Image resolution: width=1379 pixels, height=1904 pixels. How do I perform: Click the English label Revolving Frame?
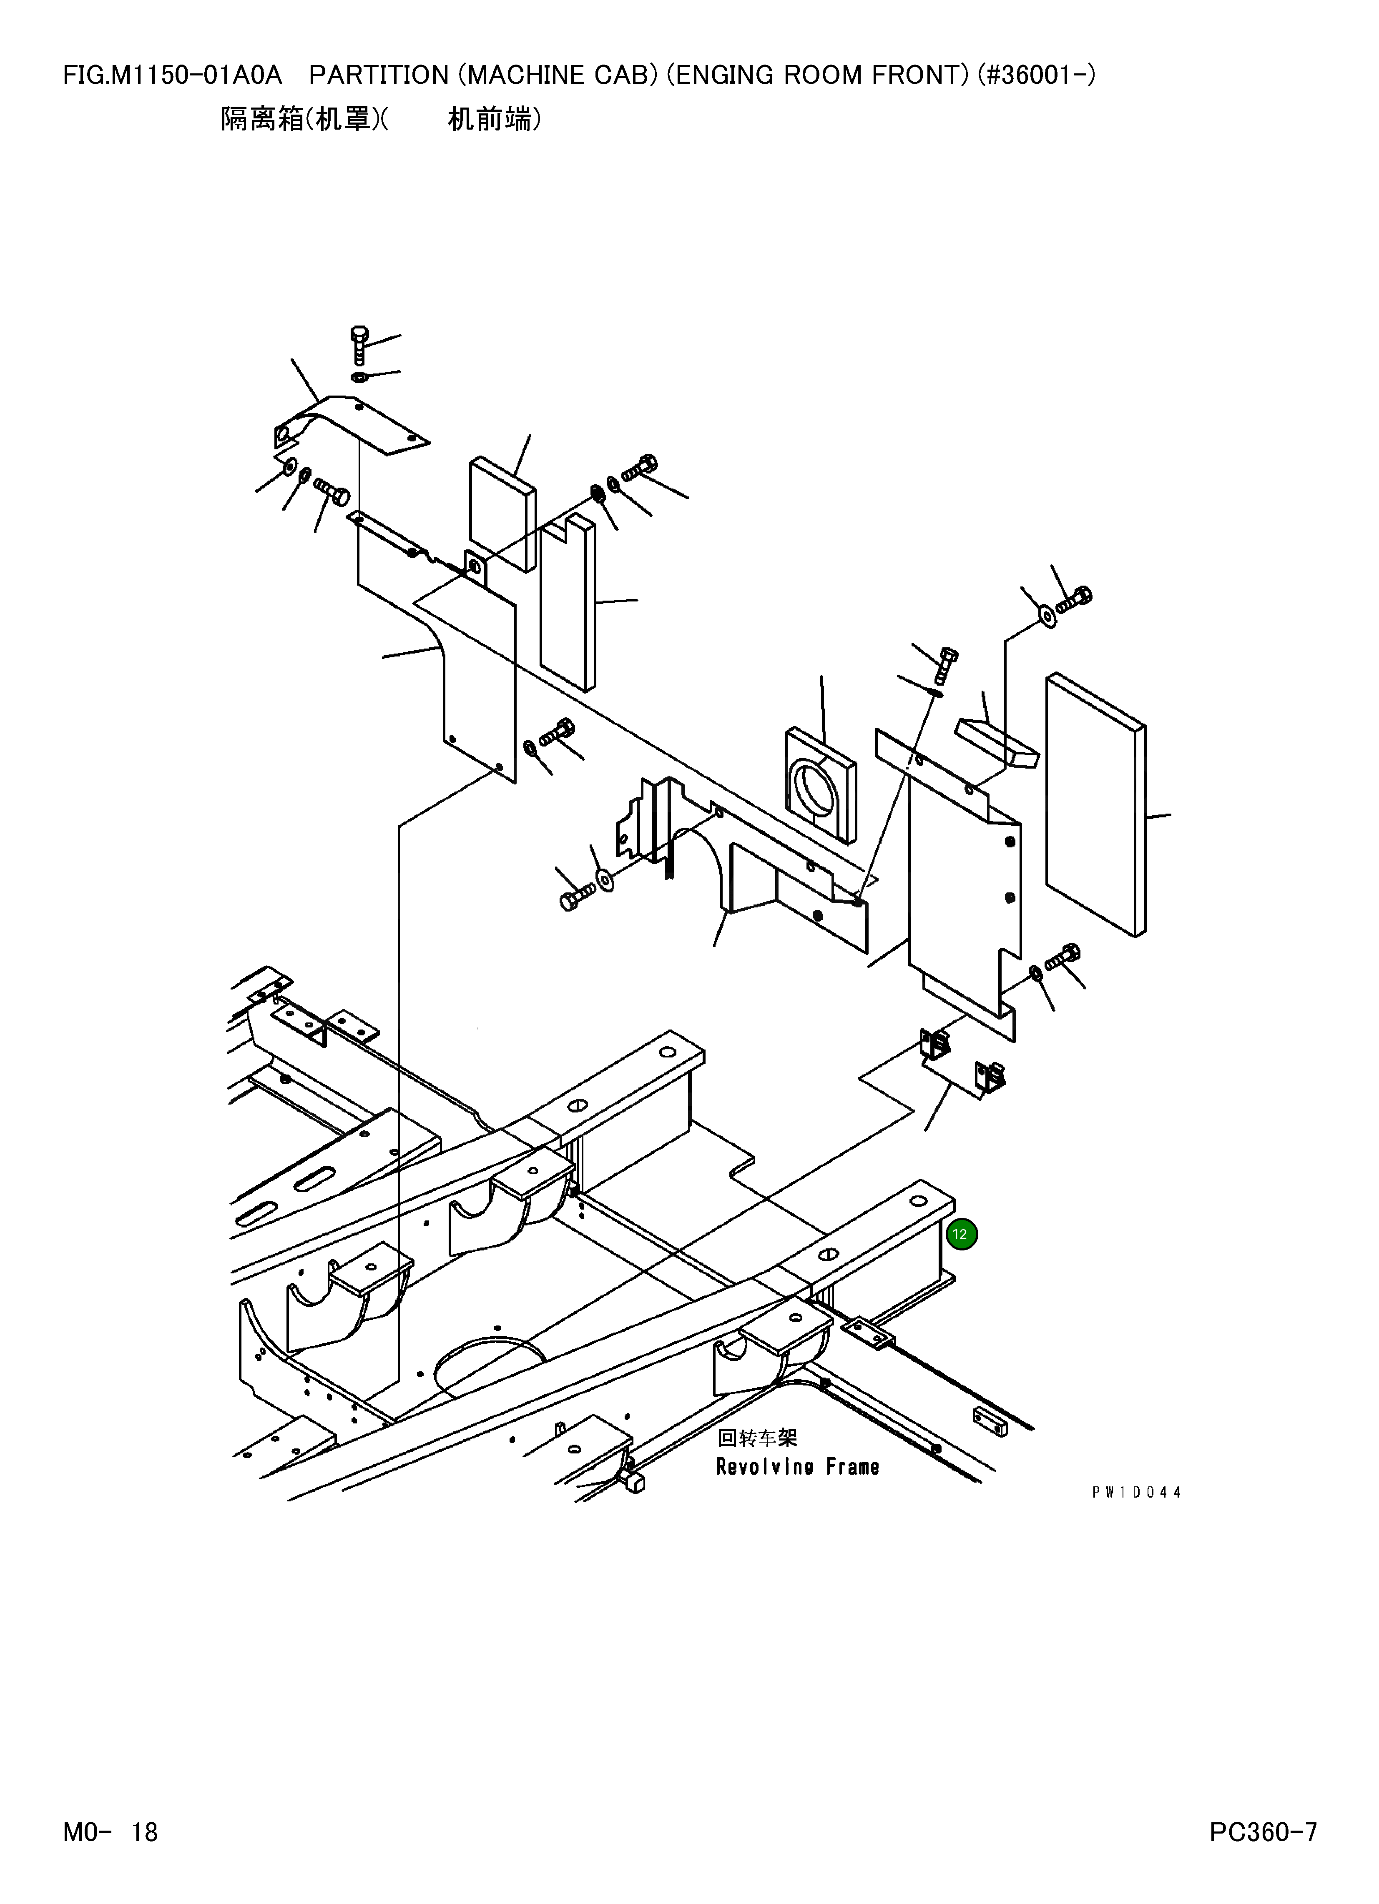(797, 1467)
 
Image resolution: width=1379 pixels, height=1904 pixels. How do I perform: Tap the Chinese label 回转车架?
(757, 1438)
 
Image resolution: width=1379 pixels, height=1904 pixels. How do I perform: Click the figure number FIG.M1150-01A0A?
(172, 75)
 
